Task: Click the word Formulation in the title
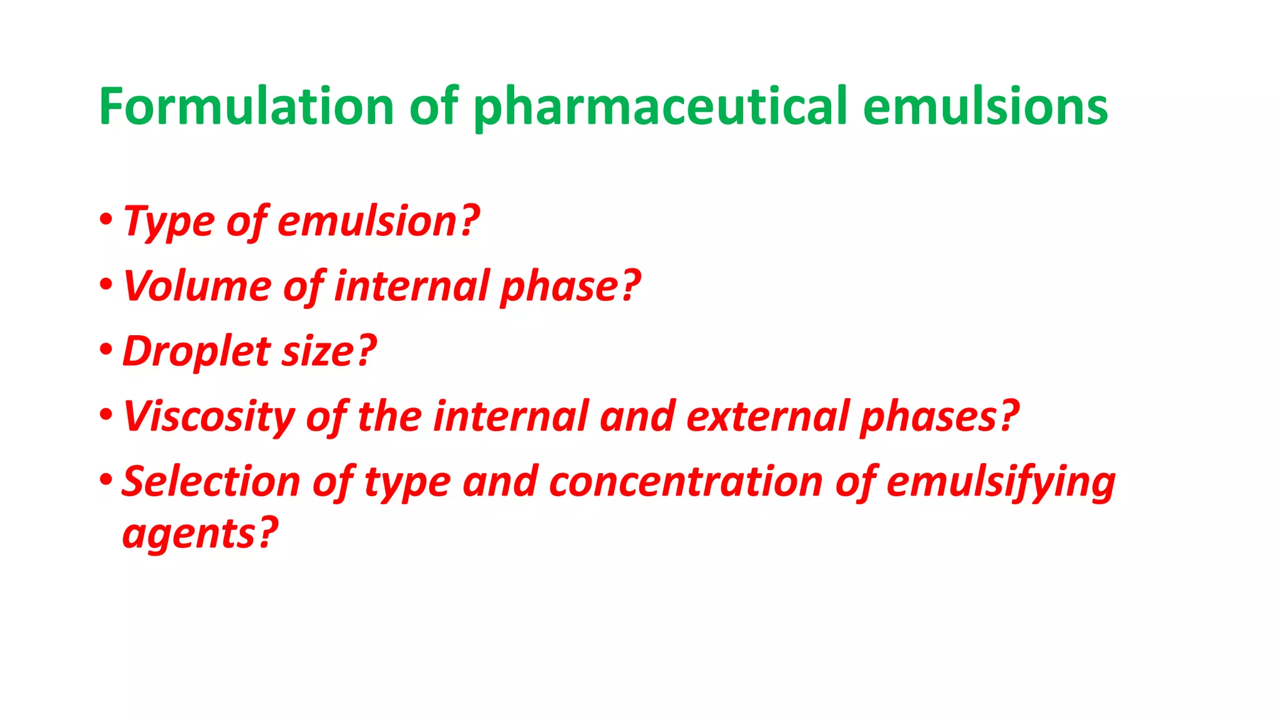(x=246, y=106)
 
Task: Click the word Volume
(x=197, y=286)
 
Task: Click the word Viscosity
(x=208, y=417)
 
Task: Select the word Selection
(x=211, y=482)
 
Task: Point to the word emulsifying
(x=1001, y=483)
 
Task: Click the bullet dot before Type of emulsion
(x=105, y=220)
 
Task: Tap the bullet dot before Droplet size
(x=105, y=350)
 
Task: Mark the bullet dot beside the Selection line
(x=105, y=479)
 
